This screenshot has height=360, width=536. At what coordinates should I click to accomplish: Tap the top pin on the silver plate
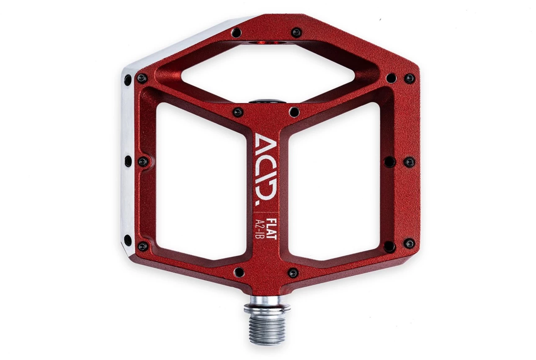pyautogui.click(x=128, y=79)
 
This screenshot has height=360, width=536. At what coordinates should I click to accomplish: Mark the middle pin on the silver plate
pyautogui.click(x=128, y=161)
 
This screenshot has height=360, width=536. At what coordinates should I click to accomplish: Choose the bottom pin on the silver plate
pyautogui.click(x=128, y=240)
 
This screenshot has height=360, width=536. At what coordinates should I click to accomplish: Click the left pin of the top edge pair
pyautogui.click(x=236, y=33)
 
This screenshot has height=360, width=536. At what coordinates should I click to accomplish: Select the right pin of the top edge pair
pyautogui.click(x=296, y=33)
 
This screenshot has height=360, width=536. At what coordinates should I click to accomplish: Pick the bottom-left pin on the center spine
pyautogui.click(x=239, y=272)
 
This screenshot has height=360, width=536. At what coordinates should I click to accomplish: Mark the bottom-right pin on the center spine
pyautogui.click(x=293, y=273)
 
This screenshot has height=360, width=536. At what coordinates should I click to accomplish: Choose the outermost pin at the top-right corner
pyautogui.click(x=409, y=78)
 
